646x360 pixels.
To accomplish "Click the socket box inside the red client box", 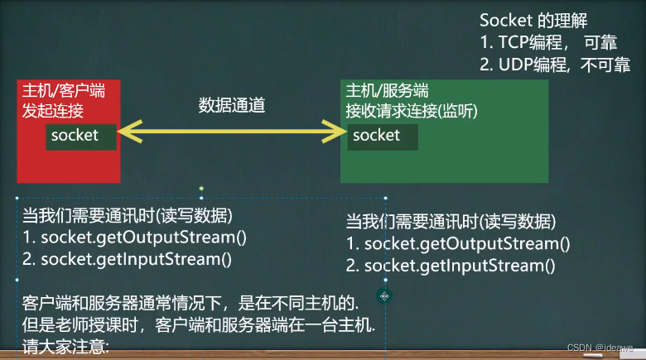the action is (x=80, y=136).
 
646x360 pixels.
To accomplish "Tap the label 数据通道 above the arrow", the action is (x=232, y=105).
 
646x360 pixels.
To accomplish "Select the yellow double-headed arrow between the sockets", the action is (x=232, y=131).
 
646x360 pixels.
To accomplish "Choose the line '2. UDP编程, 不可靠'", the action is (x=555, y=65).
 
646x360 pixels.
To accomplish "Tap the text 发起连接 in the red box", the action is (x=53, y=111).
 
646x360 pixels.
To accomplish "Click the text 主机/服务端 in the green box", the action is (x=387, y=90).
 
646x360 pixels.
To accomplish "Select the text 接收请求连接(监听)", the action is (x=412, y=111).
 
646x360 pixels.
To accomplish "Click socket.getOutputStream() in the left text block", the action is (x=136, y=238).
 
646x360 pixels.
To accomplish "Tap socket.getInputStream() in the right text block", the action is (x=452, y=266).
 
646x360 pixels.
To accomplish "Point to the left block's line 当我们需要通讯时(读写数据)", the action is (x=127, y=216).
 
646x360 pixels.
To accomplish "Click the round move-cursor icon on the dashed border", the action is (x=384, y=295).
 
